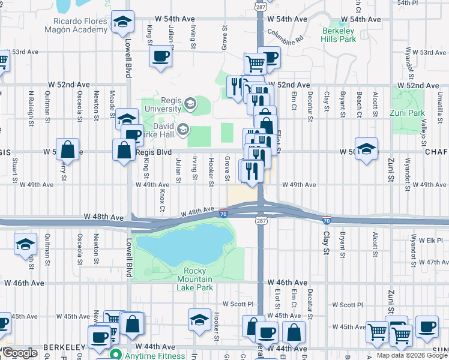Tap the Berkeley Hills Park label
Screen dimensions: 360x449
339,35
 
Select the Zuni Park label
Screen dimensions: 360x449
410,113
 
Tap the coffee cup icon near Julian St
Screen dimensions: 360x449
160,57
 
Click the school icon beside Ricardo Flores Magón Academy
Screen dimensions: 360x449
122,23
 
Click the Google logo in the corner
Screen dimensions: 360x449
19,352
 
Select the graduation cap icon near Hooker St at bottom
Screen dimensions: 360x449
199,319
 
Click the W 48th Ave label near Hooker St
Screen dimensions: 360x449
198,211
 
